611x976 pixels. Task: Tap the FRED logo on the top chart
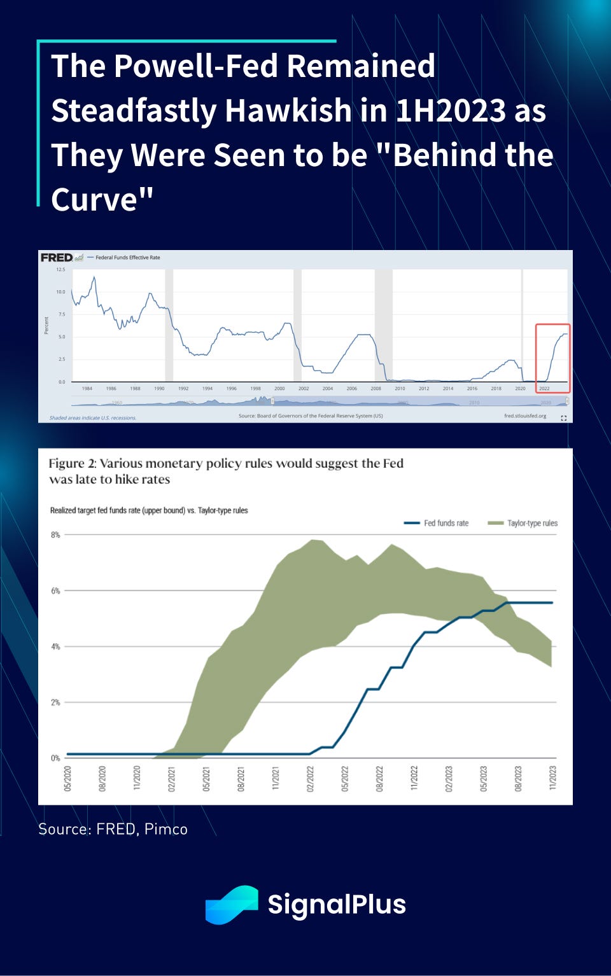(x=57, y=258)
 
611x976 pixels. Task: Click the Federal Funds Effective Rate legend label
(x=127, y=258)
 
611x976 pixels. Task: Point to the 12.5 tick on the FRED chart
(x=60, y=270)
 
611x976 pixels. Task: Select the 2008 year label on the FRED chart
(x=376, y=388)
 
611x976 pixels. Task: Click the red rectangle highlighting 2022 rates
(x=552, y=358)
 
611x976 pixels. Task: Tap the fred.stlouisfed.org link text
(x=524, y=416)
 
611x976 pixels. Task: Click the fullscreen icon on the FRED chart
(x=563, y=418)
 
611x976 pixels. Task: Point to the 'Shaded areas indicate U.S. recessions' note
(x=93, y=418)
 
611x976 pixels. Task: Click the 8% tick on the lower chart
(x=55, y=535)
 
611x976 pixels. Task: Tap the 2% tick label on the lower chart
(x=55, y=702)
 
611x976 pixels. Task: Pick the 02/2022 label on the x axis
(x=311, y=778)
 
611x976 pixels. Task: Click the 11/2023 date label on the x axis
(x=552, y=778)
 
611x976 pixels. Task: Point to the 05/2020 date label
(x=67, y=778)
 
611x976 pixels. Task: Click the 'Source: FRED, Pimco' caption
(x=113, y=829)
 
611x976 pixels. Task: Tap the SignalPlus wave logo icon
(x=232, y=904)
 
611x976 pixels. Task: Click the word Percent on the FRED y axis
(x=46, y=325)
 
